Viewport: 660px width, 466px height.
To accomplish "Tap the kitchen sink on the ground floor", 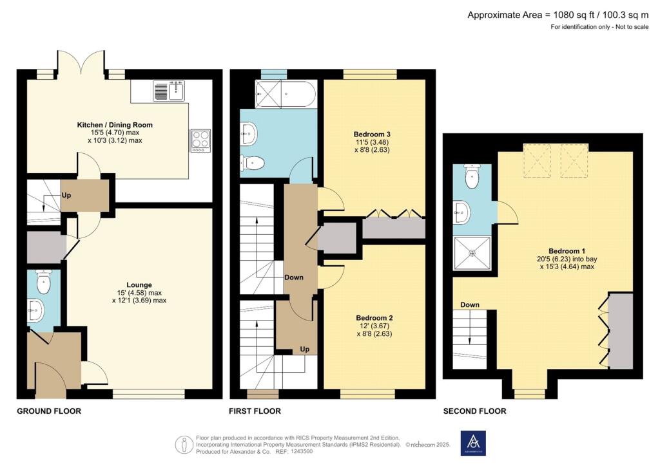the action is [170, 91].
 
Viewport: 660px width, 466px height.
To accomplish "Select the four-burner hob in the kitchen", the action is [200, 140].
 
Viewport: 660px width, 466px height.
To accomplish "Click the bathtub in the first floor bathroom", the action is [285, 93].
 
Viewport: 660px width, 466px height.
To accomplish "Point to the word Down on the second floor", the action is [470, 304].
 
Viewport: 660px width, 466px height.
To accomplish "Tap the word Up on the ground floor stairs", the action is [66, 196].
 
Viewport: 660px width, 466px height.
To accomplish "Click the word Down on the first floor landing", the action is [294, 277].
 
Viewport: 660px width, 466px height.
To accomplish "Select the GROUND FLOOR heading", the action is [49, 411].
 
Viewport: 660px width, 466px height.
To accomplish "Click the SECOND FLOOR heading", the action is [475, 411].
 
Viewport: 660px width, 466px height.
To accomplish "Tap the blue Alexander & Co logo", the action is [473, 443].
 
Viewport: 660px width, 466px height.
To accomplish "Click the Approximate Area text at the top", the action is [558, 15].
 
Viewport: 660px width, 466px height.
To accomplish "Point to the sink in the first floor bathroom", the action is [248, 134].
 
